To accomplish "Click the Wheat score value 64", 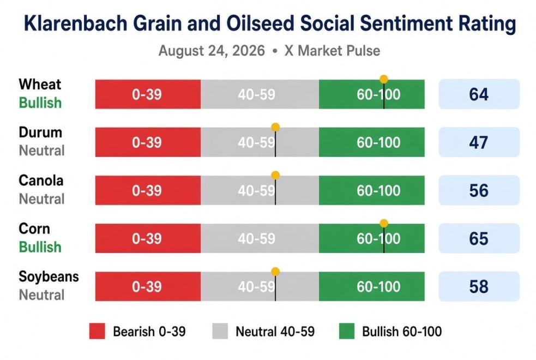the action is (x=479, y=94).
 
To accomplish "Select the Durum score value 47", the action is (x=479, y=142).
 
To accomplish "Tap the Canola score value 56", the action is (x=479, y=190).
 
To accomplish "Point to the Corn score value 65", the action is (x=479, y=238).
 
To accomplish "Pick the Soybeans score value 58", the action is (x=479, y=286).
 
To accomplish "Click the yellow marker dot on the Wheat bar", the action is (x=384, y=79).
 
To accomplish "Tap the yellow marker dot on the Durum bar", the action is (x=275, y=127).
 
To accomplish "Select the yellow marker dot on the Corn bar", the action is (x=384, y=223).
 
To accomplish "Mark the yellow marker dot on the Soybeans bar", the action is (x=275, y=272).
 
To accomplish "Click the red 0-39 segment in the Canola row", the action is (x=148, y=190).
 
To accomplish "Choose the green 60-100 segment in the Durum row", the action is (x=372, y=142).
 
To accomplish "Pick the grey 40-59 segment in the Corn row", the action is (x=260, y=238).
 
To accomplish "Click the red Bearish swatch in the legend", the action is (x=97, y=331).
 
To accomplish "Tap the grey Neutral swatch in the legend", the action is (x=220, y=331).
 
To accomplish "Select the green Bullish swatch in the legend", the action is (x=347, y=331).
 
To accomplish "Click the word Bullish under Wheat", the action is (x=40, y=103).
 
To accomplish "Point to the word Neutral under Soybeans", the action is (x=41, y=295).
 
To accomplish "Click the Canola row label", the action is (x=41, y=181).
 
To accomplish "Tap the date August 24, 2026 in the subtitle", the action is (x=212, y=51).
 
